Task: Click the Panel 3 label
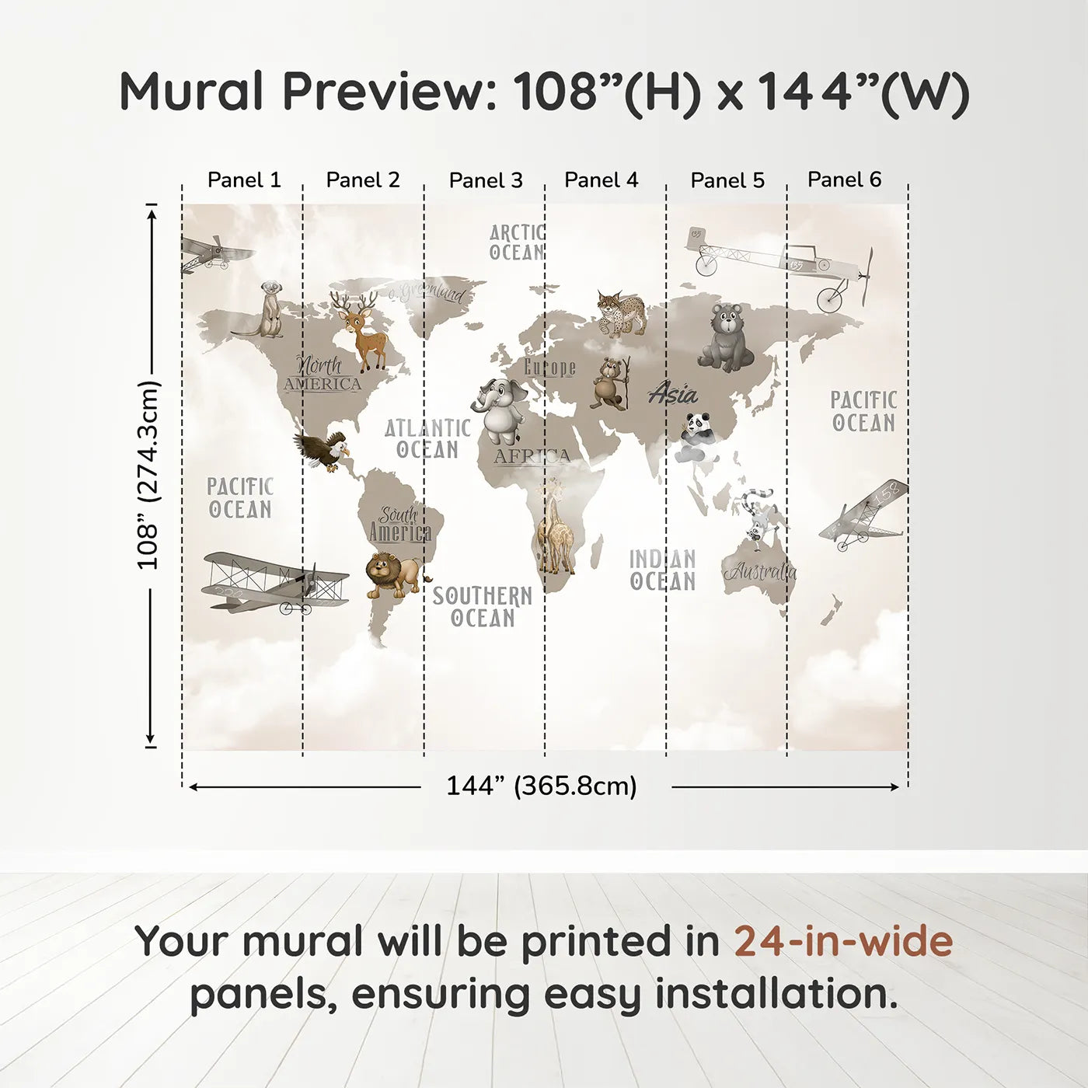coord(486,180)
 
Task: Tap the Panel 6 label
coord(844,180)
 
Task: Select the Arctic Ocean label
coord(517,242)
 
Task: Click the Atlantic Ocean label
coord(427,438)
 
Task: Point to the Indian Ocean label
coord(662,570)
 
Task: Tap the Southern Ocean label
coord(483,607)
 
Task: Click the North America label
coord(322,374)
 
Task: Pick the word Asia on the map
coord(673,394)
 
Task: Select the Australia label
coord(761,572)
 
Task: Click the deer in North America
coord(361,330)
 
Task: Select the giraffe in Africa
coord(554,528)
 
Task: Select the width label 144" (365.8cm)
coord(541,786)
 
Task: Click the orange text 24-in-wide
coord(843,941)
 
